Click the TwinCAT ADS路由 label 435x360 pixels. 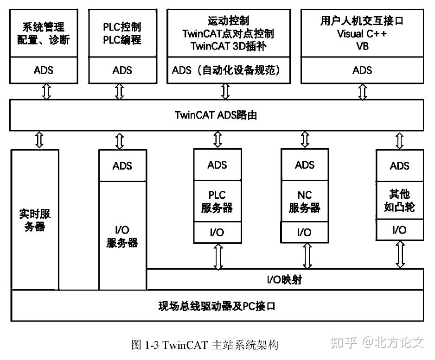point(216,115)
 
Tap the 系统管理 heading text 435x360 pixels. point(44,27)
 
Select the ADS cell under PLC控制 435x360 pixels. point(122,70)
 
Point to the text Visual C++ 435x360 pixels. point(362,34)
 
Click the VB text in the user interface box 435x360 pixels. point(362,46)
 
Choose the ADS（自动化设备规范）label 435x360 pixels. point(226,70)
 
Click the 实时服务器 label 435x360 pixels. point(35,220)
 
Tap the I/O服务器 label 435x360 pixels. point(122,236)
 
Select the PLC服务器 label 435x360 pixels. point(217,202)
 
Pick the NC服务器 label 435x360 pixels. point(305,202)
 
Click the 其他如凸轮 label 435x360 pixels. point(399,200)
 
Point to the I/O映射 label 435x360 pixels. point(284,280)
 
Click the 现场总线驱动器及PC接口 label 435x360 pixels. point(217,306)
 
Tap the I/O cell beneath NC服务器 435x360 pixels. point(305,232)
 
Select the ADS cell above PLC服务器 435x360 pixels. point(217,165)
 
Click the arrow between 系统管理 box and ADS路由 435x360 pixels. point(46,91)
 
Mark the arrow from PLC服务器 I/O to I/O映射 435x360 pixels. point(218,257)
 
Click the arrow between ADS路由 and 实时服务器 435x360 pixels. point(39,140)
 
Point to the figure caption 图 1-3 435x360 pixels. point(205,345)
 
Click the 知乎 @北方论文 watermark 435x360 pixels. point(377,342)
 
